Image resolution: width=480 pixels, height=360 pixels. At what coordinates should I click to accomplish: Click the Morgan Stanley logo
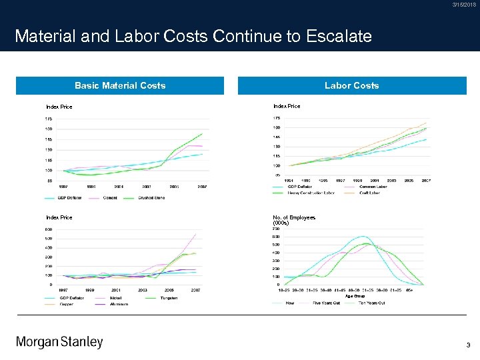(59, 342)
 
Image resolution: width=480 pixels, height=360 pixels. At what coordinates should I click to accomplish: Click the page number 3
(468, 345)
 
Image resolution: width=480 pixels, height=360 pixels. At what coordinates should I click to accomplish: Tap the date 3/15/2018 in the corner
(464, 5)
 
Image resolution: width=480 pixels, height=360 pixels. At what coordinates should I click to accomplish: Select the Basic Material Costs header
(120, 85)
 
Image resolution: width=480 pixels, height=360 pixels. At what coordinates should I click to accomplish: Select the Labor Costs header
(351, 85)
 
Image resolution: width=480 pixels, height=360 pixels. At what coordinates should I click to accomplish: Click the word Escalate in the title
(339, 36)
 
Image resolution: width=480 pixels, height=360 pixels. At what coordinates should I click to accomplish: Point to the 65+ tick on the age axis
(411, 290)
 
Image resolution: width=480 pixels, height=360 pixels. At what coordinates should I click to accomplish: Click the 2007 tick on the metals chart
(196, 290)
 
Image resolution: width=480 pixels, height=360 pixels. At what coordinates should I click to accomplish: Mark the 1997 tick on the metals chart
(64, 290)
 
